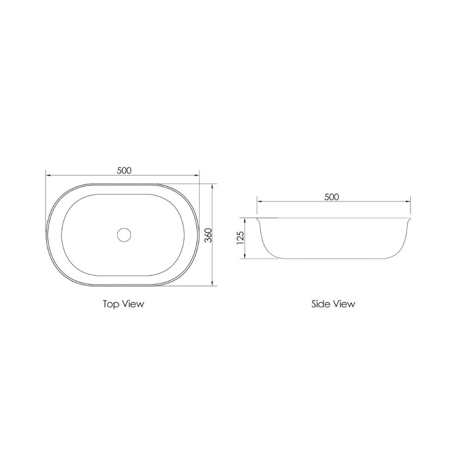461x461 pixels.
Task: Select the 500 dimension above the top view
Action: point(124,170)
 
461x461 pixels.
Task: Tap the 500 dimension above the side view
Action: point(331,197)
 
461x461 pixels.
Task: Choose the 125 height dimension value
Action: point(240,238)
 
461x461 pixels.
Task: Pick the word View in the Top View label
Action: point(133,304)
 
